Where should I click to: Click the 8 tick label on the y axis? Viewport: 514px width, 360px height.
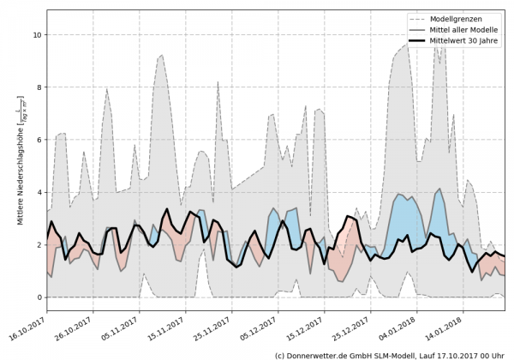(x=38, y=87)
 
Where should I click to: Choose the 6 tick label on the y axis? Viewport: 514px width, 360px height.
(x=38, y=140)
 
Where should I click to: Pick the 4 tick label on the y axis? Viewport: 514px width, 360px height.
(x=38, y=193)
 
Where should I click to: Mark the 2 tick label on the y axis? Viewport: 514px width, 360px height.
(x=38, y=245)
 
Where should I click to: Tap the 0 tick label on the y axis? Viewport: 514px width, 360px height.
(x=38, y=297)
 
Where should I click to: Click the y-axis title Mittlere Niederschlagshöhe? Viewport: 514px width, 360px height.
(x=20, y=171)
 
